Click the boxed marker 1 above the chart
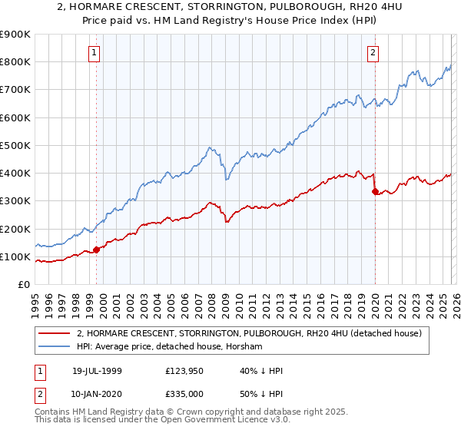click(94, 53)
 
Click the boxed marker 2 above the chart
click(373, 53)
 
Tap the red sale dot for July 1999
click(97, 250)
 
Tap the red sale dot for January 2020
click(375, 191)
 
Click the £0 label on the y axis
click(23, 284)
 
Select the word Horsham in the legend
click(244, 347)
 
